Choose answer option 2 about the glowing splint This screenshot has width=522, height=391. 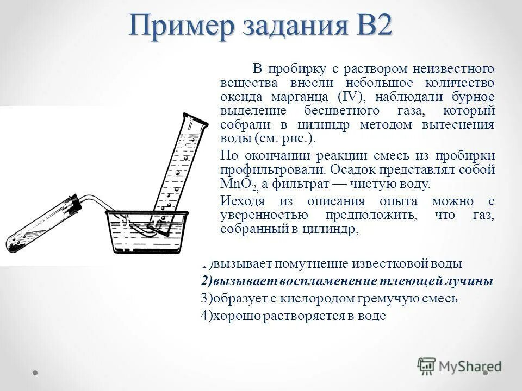click(x=347, y=281)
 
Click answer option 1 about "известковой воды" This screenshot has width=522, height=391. click(x=332, y=264)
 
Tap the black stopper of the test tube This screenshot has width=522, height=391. click(x=77, y=204)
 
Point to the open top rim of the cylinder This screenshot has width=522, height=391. click(x=195, y=119)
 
